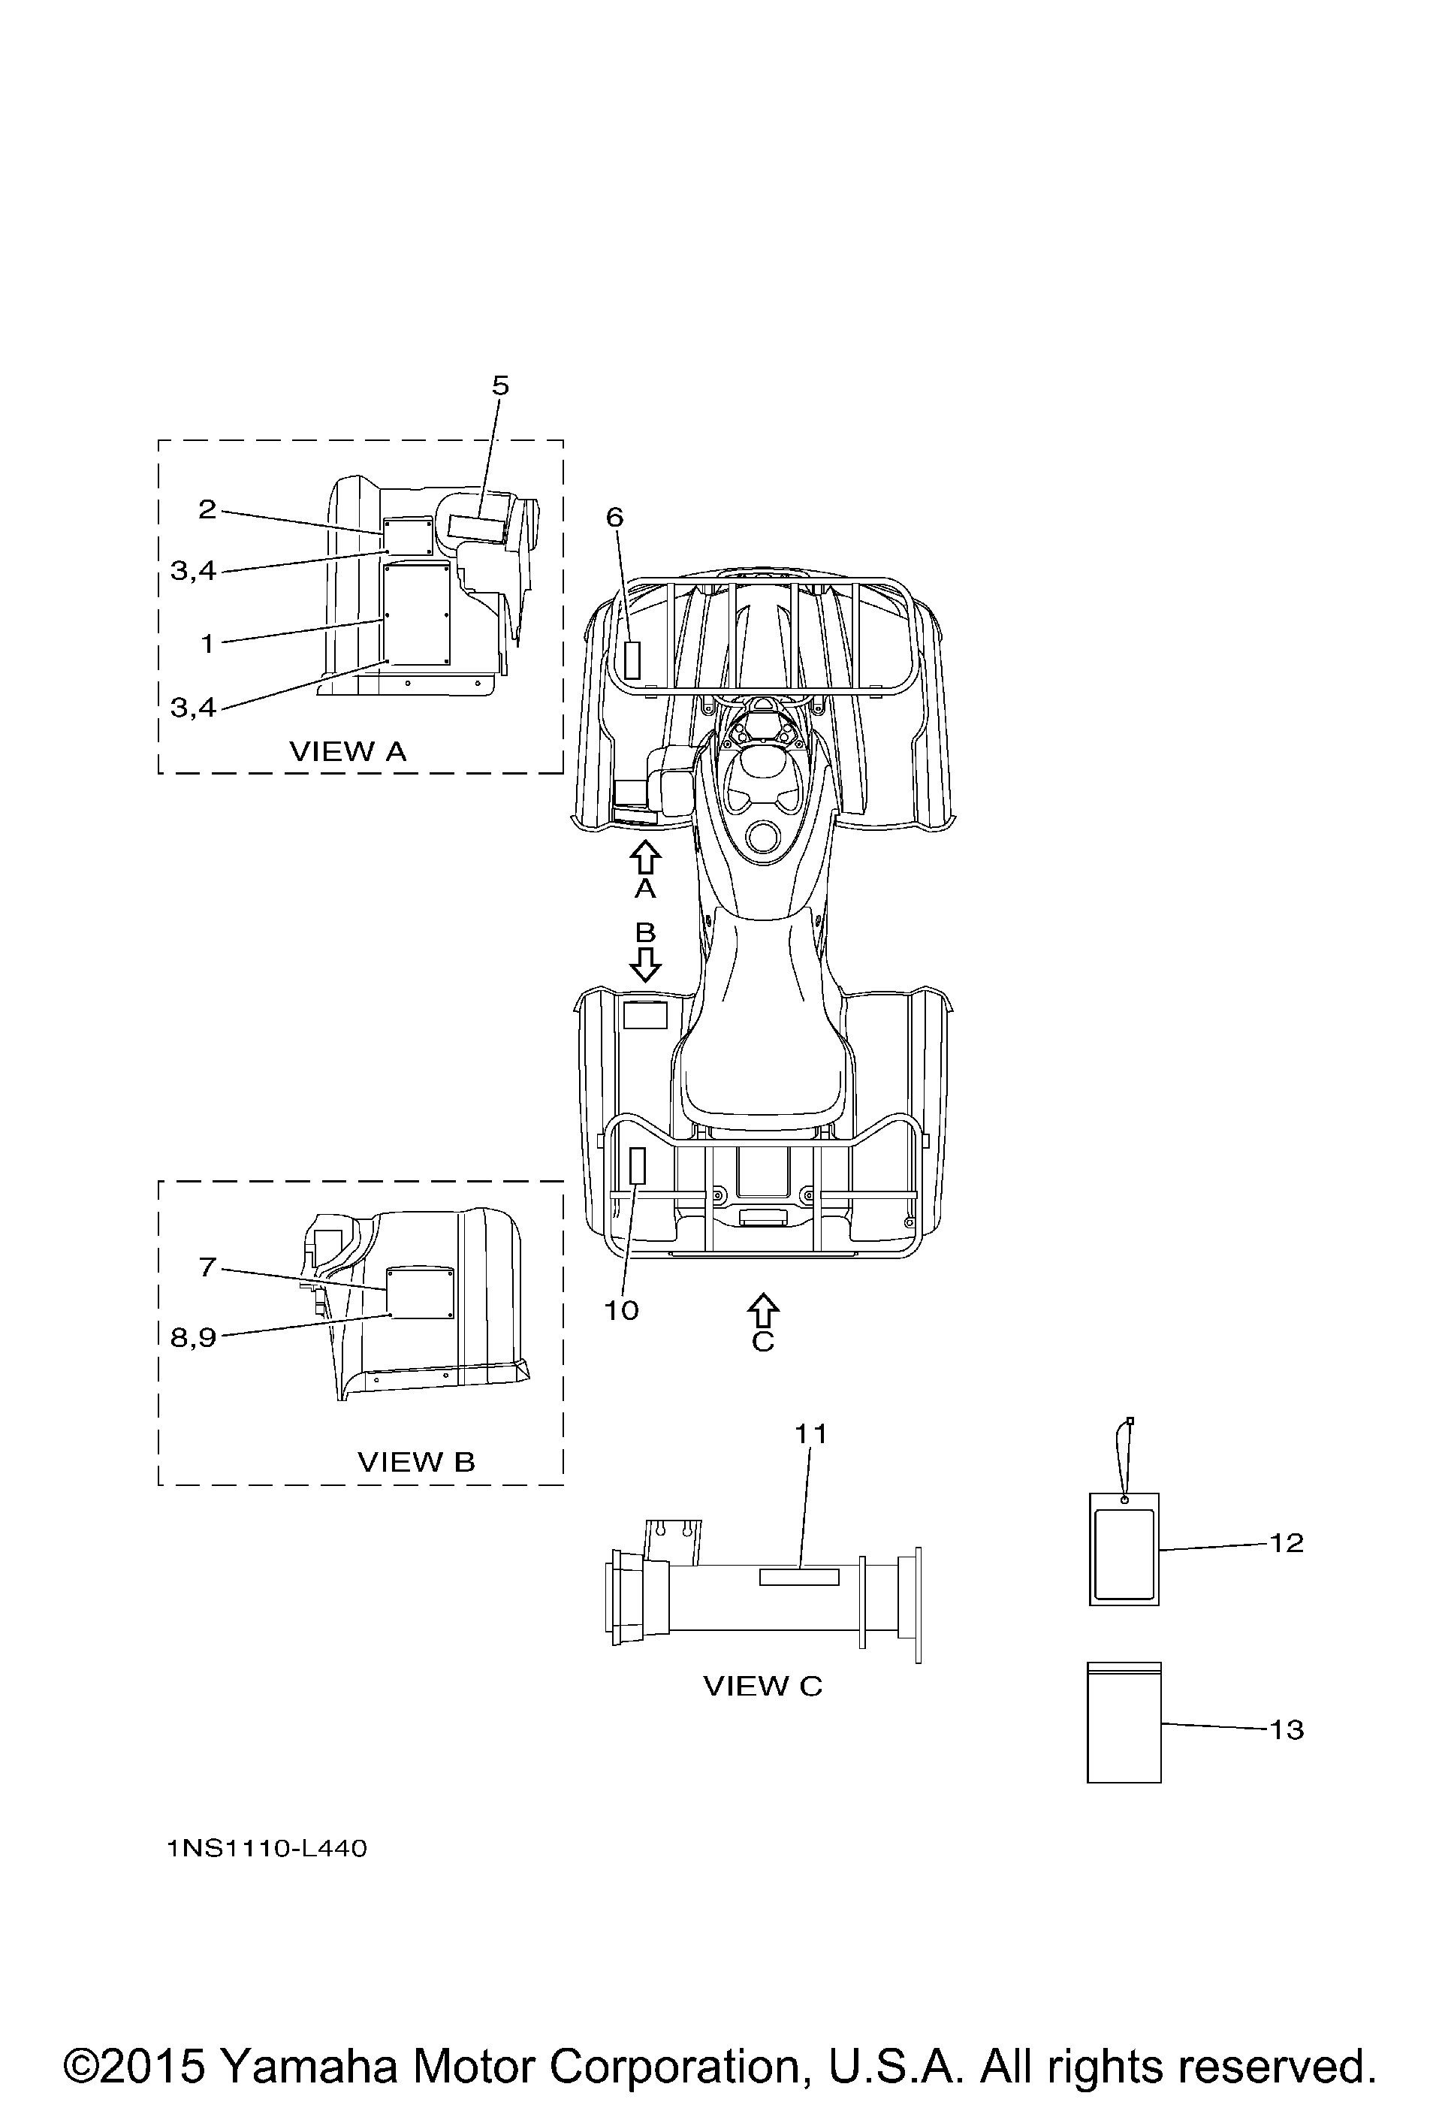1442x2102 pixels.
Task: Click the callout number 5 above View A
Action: [x=500, y=386]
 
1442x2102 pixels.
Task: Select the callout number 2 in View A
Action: [x=207, y=510]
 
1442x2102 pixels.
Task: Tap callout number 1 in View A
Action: [x=207, y=644]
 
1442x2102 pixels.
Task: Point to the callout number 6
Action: [x=615, y=518]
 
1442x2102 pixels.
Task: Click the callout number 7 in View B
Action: [x=207, y=1268]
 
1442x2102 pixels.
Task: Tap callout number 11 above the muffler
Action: [x=811, y=1433]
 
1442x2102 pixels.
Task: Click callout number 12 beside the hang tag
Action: [x=1287, y=1542]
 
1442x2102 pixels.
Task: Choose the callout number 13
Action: [x=1287, y=1729]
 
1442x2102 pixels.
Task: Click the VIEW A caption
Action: [x=348, y=751]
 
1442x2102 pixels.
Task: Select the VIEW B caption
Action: [x=416, y=1462]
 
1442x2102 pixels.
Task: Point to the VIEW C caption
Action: [x=763, y=1686]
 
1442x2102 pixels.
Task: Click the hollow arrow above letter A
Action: [x=644, y=857]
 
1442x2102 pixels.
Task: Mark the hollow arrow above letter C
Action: [x=763, y=1311]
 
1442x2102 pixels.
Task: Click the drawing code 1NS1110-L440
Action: [x=267, y=1849]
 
